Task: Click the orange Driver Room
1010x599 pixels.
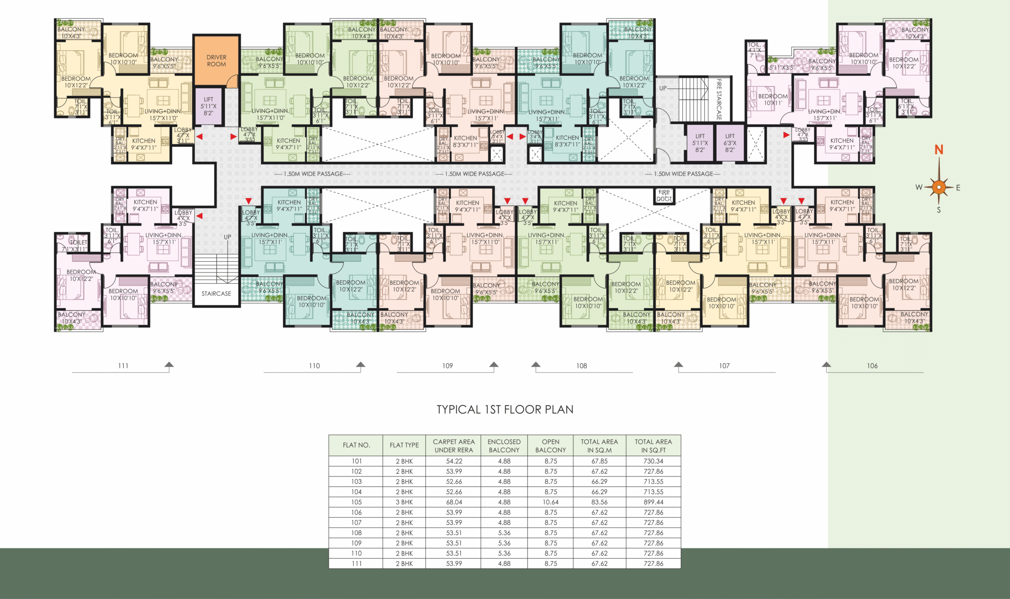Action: [216, 60]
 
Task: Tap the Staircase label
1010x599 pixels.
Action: [216, 293]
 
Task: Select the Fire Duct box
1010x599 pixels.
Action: [664, 196]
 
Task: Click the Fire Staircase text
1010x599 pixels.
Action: [718, 99]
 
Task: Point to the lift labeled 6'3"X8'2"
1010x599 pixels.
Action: [729, 143]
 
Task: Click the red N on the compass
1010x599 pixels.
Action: [939, 150]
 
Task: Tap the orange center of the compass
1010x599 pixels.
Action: [939, 187]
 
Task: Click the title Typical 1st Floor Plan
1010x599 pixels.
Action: [505, 410]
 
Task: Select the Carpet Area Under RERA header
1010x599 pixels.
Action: [454, 446]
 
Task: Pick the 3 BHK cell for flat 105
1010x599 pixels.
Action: [404, 502]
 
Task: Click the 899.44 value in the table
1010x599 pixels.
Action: [653, 502]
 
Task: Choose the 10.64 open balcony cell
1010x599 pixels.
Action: [550, 502]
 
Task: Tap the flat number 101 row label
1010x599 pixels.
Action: [356, 461]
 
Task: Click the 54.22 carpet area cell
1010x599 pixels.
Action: [454, 461]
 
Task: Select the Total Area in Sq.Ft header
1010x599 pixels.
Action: [653, 446]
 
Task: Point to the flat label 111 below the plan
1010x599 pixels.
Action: [123, 366]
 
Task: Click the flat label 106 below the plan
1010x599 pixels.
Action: [872, 366]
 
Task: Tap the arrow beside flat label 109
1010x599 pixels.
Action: [494, 364]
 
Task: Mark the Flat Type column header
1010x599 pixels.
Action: [404, 445]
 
